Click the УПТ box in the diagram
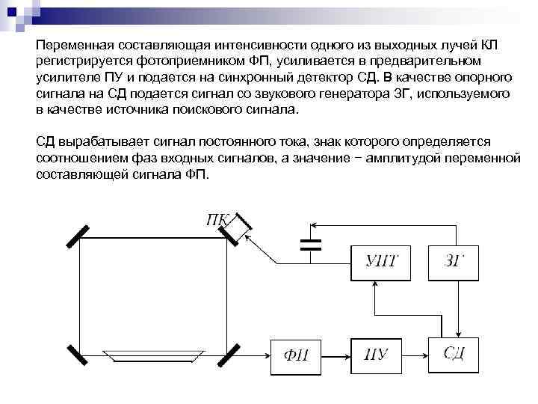[382, 262]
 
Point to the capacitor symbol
[310, 243]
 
